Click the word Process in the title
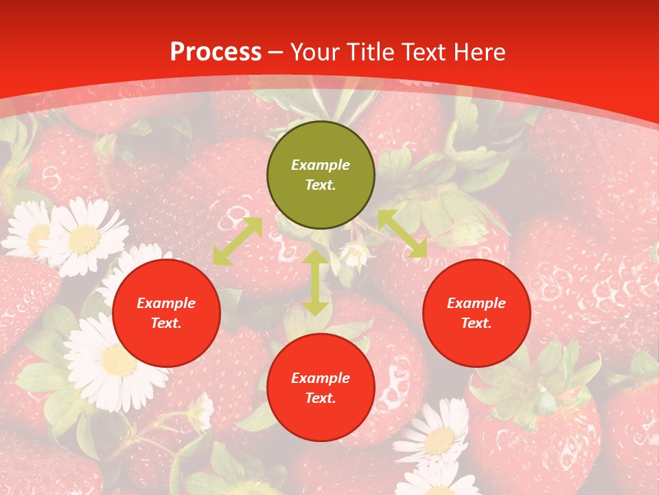[216, 52]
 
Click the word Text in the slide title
[423, 52]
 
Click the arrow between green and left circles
[238, 241]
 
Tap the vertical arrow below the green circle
[315, 283]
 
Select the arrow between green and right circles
[402, 234]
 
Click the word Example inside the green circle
[321, 165]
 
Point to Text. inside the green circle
[321, 186]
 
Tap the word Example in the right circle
[476, 303]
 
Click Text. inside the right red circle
[476, 324]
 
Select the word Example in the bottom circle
[321, 378]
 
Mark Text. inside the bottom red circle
[321, 399]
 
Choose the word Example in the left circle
[166, 303]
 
